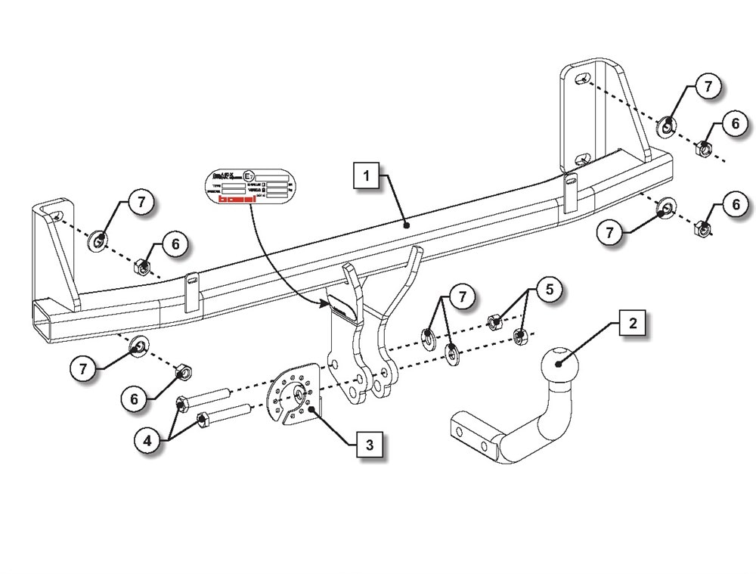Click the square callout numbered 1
(368, 178)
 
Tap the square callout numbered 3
(369, 445)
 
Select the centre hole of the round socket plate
(300, 393)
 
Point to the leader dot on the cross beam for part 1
(407, 225)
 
